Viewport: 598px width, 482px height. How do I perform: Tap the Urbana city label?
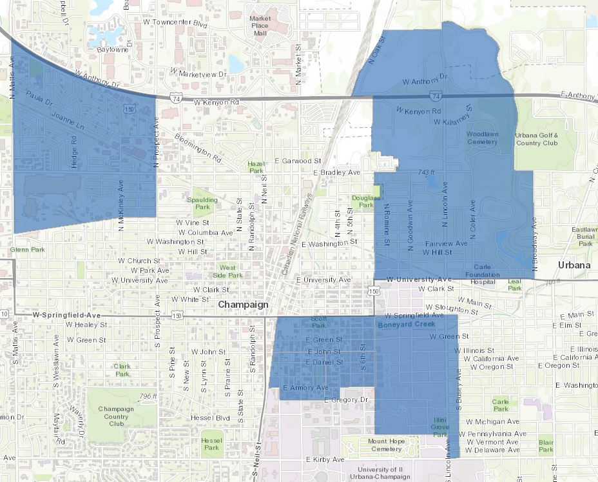pos(574,265)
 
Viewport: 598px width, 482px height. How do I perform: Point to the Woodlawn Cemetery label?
pos(482,137)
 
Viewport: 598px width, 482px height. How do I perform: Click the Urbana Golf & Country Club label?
pos(537,139)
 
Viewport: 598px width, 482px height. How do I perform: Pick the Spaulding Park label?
pos(203,204)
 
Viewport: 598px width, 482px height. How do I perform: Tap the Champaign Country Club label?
pos(117,416)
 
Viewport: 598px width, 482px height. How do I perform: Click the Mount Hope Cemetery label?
pos(385,445)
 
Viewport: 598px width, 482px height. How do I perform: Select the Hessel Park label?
pos(211,443)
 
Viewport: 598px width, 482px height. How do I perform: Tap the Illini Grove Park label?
pos(440,427)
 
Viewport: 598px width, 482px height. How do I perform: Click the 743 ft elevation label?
pos(427,172)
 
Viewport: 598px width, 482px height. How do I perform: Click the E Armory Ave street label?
pos(305,388)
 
